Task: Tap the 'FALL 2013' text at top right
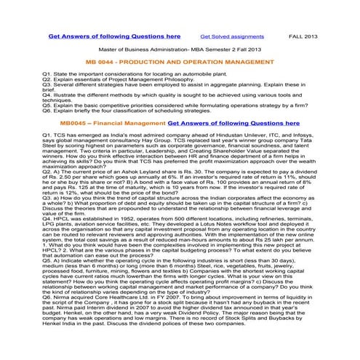[306, 35]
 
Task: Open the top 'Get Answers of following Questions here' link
[115, 34]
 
